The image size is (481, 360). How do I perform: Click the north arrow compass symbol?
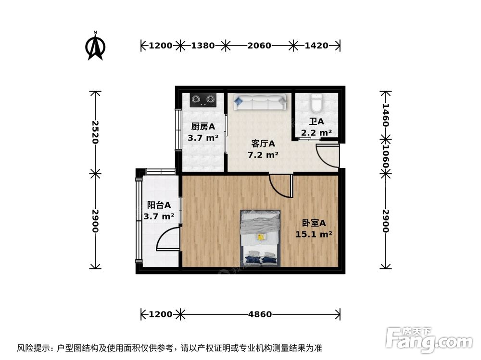tap(95, 46)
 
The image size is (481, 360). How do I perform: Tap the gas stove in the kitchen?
tap(203, 100)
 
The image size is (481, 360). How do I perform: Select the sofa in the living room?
tap(260, 101)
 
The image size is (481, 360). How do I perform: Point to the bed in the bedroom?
tap(260, 237)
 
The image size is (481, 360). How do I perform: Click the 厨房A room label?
tap(203, 127)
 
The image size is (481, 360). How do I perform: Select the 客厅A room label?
tap(263, 144)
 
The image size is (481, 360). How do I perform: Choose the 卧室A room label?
tap(314, 223)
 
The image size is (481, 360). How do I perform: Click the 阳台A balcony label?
tap(159, 205)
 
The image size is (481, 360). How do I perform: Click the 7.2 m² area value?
tap(263, 155)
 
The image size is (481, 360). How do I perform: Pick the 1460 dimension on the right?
tap(385, 115)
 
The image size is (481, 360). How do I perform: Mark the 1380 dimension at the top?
tap(203, 46)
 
